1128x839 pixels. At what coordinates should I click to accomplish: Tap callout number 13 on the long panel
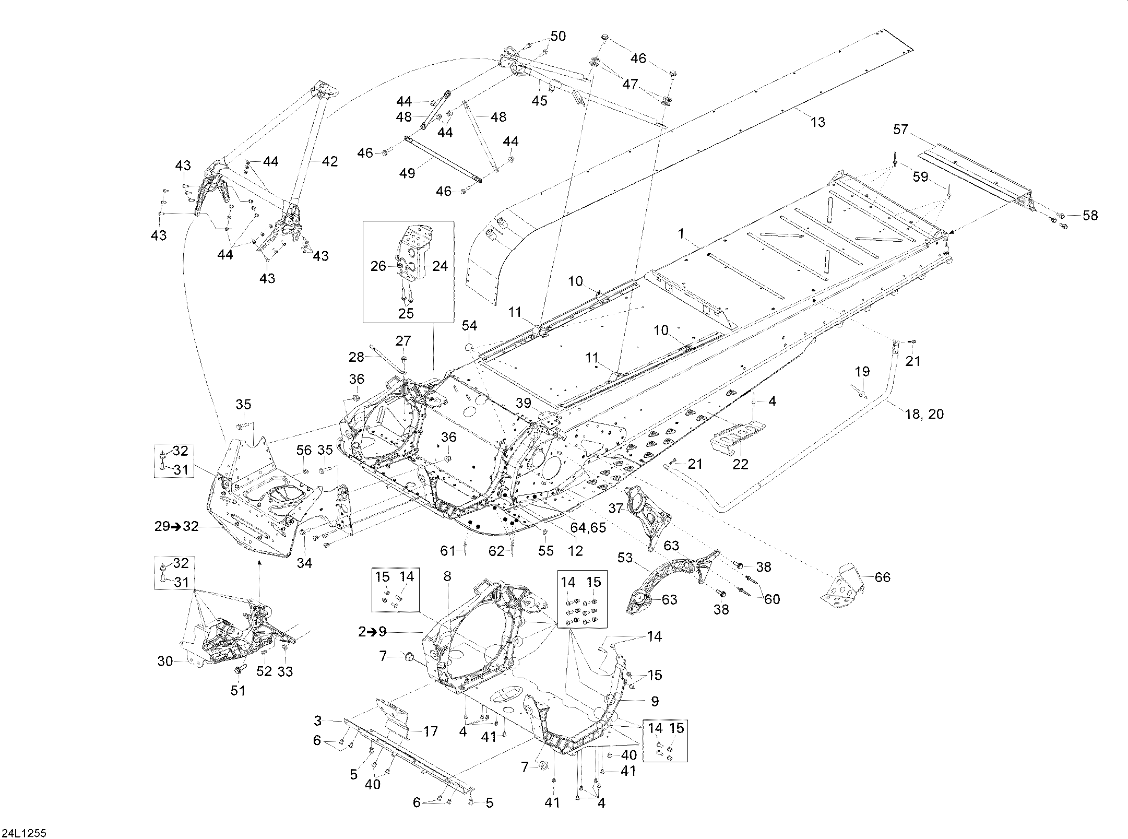(x=817, y=122)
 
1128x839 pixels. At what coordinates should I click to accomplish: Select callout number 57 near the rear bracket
(x=900, y=129)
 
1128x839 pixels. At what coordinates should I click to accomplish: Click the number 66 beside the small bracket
(x=882, y=577)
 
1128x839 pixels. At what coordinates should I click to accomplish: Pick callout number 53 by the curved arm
(x=625, y=558)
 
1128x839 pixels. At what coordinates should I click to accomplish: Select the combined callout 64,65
(x=588, y=527)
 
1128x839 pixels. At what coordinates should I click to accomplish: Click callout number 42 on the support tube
(x=329, y=161)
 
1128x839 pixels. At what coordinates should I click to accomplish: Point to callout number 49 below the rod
(x=407, y=173)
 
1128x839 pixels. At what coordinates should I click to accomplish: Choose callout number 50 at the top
(x=558, y=36)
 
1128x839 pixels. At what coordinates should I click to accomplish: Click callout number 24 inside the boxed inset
(x=440, y=266)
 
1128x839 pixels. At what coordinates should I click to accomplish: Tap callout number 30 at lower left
(x=165, y=661)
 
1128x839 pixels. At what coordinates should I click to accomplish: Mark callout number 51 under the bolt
(x=238, y=690)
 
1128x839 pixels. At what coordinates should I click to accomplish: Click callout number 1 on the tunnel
(x=681, y=234)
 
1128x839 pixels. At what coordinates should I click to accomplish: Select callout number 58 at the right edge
(x=1090, y=215)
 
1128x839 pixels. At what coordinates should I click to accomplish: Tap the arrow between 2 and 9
(x=372, y=631)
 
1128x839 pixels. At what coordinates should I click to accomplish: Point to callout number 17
(x=430, y=731)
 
